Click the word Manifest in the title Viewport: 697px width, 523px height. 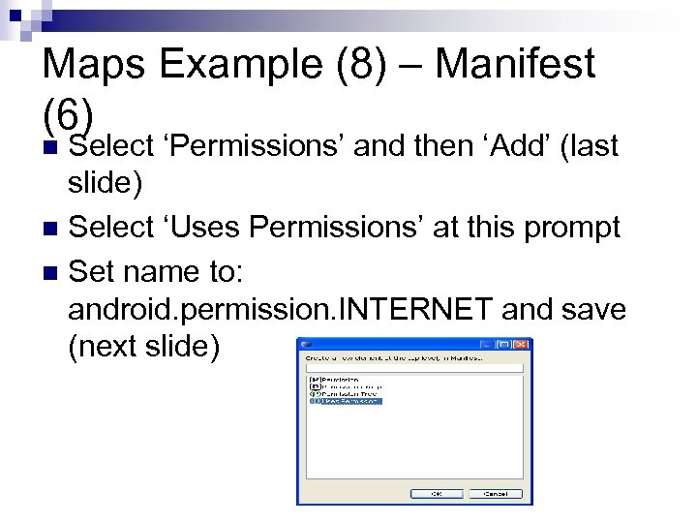pos(516,65)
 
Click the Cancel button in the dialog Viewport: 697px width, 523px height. pos(495,493)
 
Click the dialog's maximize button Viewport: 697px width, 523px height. pos(504,344)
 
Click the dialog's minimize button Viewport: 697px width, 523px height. pos(487,344)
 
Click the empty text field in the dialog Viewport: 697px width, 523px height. pos(413,367)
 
